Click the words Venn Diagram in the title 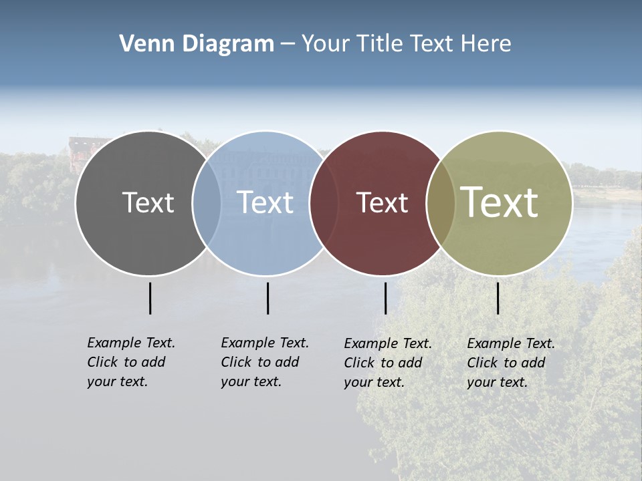(x=197, y=44)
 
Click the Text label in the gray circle (x=148, y=202)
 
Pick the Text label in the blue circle (x=265, y=202)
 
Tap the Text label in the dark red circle (x=382, y=202)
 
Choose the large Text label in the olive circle (x=499, y=202)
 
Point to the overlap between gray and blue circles (x=207, y=203)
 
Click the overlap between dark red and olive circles (x=441, y=203)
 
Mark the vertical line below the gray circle (x=150, y=298)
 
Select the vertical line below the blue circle (x=267, y=298)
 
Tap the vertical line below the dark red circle (x=385, y=298)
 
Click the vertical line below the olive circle (x=498, y=298)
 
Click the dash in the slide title (x=287, y=44)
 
